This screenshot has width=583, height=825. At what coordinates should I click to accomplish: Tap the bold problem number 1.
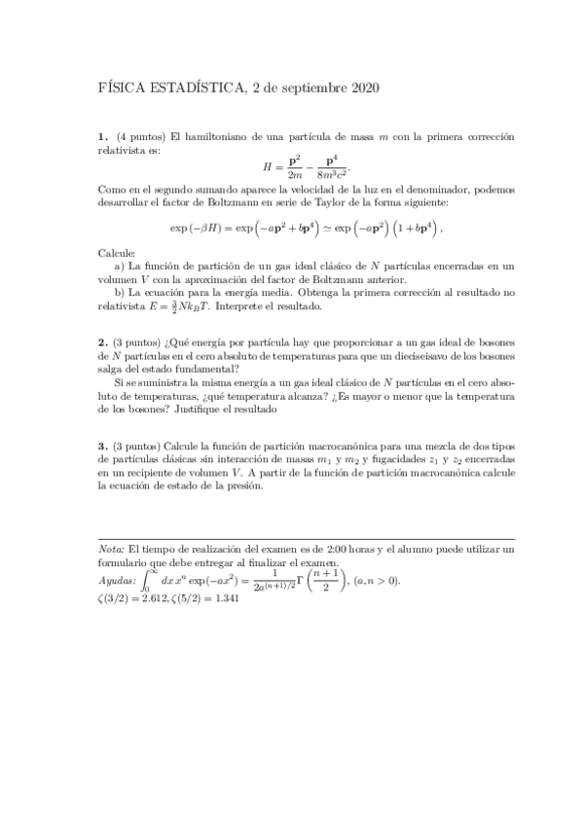pos(102,135)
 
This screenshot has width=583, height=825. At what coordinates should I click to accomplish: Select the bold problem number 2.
pos(102,343)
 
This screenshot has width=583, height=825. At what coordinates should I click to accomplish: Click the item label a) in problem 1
pos(119,265)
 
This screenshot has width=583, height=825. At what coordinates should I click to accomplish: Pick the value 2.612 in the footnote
pos(162,597)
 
